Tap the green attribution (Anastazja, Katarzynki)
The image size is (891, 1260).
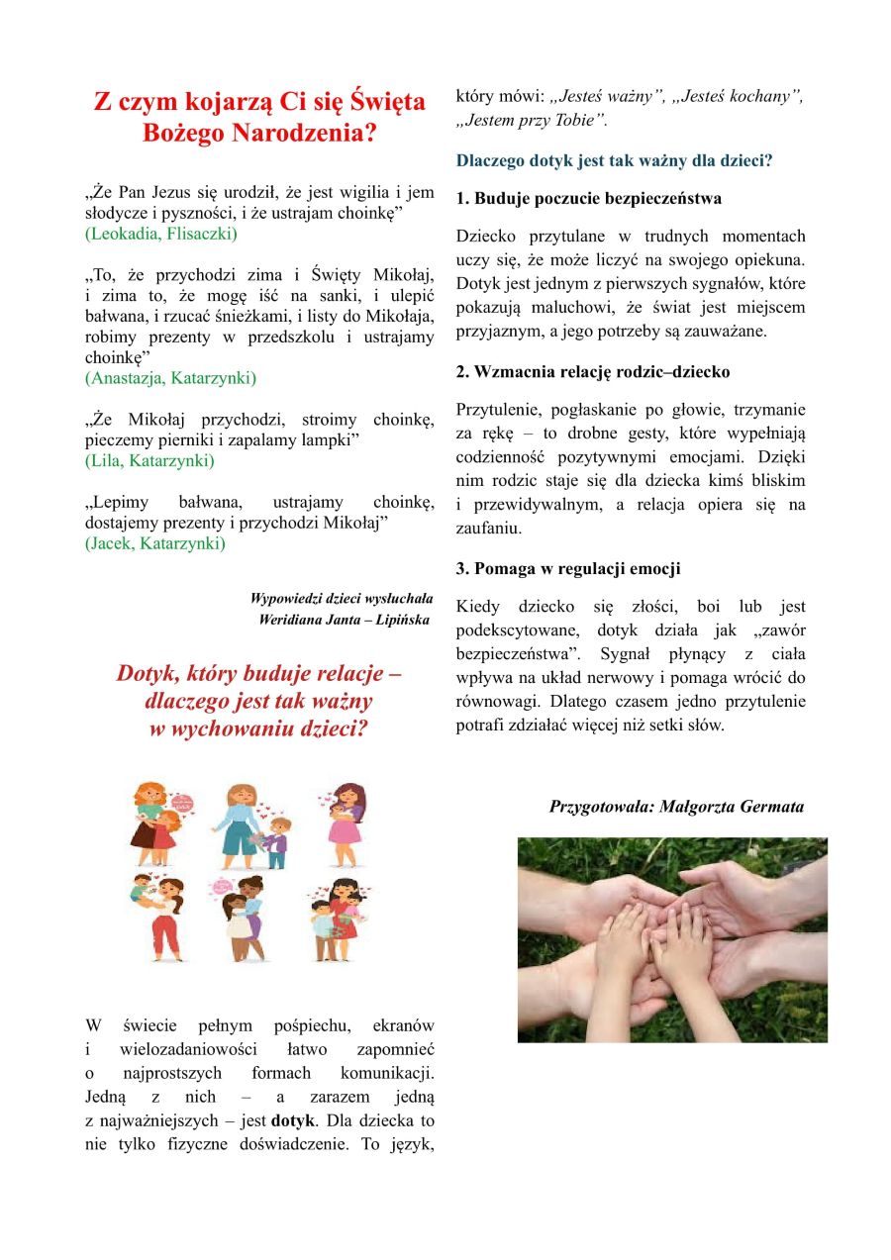click(x=170, y=378)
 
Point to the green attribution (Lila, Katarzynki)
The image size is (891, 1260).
click(x=148, y=460)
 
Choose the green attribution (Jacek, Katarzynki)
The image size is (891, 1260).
click(x=154, y=543)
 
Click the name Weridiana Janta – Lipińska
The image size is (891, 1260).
click(x=344, y=620)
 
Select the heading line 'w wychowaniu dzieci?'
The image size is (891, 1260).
click(x=258, y=729)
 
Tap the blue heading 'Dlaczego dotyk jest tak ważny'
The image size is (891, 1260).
click(x=614, y=159)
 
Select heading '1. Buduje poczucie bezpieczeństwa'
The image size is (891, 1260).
click(x=589, y=198)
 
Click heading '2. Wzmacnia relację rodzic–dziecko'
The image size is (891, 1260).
click(x=593, y=372)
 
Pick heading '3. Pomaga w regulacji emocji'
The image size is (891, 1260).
click(x=569, y=569)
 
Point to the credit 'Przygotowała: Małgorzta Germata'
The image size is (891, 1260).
click(x=676, y=807)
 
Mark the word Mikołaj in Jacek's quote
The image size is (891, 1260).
click(x=353, y=522)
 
